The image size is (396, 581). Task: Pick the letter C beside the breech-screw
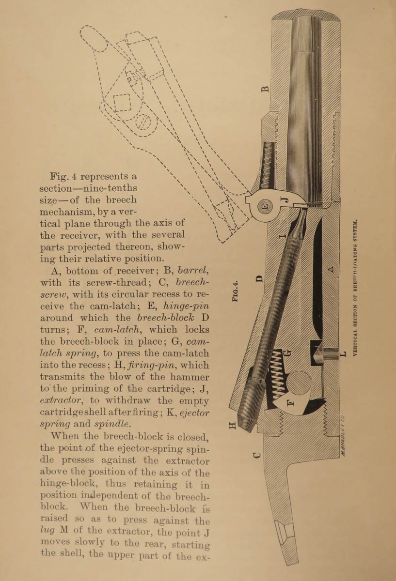(x=257, y=455)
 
